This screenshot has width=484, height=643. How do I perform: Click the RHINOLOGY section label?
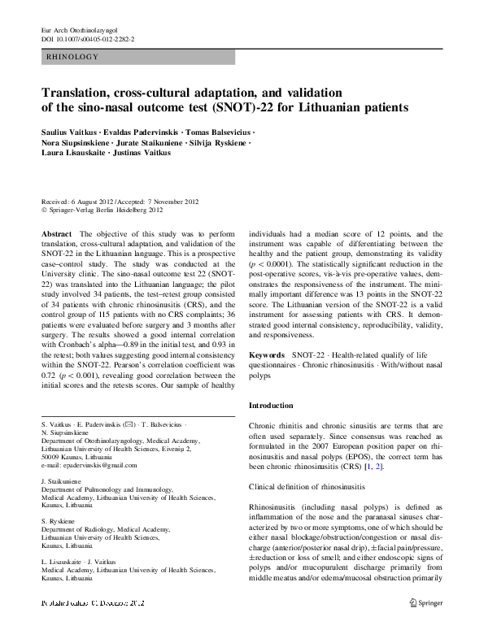(x=73, y=57)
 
